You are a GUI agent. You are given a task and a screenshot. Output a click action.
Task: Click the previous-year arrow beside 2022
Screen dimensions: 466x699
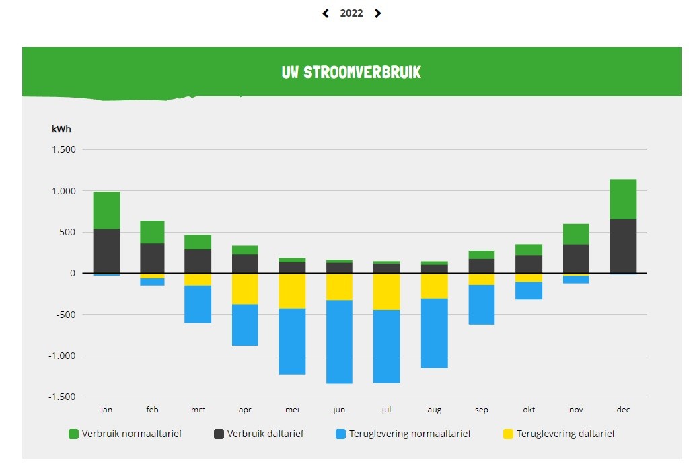coord(326,13)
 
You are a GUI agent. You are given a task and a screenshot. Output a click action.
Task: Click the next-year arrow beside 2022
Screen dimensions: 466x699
coord(377,13)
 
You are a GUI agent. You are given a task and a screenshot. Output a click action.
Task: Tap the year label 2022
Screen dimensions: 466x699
coord(351,13)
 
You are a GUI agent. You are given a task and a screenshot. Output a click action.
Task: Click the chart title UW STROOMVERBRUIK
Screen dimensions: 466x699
coord(351,72)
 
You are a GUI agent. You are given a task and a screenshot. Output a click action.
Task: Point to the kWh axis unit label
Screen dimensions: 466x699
coord(61,129)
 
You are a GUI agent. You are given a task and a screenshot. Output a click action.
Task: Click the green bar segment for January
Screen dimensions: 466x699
coord(107,210)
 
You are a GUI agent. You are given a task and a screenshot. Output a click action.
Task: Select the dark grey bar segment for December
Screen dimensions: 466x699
coord(623,246)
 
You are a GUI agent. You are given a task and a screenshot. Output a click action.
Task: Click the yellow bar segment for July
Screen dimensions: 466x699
coord(386,291)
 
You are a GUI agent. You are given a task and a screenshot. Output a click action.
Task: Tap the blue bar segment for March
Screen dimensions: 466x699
coord(198,304)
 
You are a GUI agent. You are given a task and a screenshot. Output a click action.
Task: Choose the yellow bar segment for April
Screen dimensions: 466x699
coord(245,288)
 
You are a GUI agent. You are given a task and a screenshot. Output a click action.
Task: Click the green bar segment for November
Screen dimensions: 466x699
coord(576,234)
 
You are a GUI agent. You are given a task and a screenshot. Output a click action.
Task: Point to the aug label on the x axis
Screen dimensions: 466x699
coord(433,409)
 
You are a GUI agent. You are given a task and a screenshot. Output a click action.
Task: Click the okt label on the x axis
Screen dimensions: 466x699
coord(529,409)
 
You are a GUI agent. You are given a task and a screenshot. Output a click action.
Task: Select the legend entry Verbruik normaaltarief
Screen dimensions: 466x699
coord(132,434)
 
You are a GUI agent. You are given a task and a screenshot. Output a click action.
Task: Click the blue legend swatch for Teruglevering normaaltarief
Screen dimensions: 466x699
coord(341,434)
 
